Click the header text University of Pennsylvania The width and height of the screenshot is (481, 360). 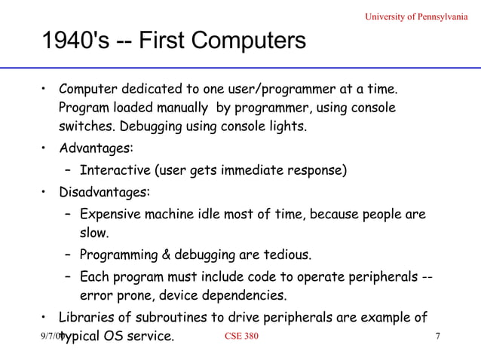412,17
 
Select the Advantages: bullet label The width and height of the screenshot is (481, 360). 96,147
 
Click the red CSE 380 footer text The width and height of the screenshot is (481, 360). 241,335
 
